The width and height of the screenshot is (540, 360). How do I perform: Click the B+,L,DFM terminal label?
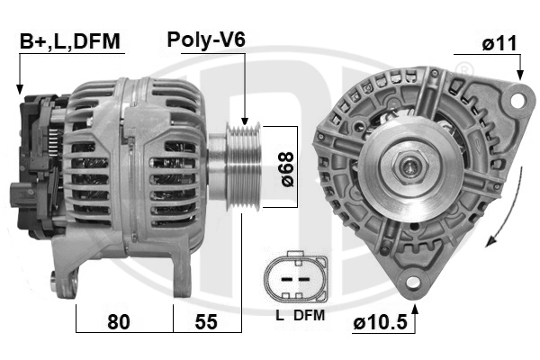pyautogui.click(x=69, y=41)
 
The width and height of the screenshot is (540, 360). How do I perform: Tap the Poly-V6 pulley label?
pyautogui.click(x=206, y=40)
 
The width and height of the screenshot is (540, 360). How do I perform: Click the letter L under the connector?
pyautogui.click(x=280, y=315)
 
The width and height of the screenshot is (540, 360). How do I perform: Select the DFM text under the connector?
pyautogui.click(x=308, y=315)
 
